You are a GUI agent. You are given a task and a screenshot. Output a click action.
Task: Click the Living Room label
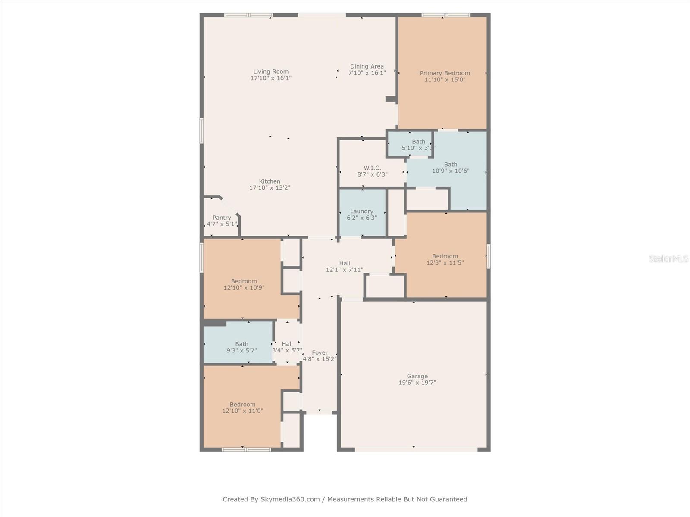(271, 72)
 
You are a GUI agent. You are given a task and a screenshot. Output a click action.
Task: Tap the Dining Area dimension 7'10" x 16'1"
(367, 73)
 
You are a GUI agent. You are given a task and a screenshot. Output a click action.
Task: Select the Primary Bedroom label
(445, 73)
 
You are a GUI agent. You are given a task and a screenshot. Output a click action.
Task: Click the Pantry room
(221, 221)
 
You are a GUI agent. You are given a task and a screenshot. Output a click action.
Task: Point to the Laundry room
(362, 214)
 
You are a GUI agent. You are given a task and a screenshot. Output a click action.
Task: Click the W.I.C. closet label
(372, 168)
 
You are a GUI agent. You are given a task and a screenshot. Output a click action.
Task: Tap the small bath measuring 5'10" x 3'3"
(417, 144)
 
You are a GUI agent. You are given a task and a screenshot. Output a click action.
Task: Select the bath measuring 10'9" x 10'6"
(451, 168)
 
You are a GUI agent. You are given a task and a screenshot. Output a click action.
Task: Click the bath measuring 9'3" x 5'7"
(241, 347)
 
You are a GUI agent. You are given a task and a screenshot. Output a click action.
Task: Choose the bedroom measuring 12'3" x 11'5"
(445, 259)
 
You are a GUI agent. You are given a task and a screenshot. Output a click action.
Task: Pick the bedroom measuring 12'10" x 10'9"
(244, 284)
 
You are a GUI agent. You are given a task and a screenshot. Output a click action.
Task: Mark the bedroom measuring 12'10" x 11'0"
(242, 408)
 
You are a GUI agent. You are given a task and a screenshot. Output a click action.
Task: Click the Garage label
(417, 376)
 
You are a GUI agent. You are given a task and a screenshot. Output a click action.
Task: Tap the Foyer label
(320, 352)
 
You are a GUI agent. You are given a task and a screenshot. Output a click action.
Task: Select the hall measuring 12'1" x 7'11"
(344, 266)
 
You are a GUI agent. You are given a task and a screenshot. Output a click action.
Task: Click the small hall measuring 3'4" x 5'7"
(287, 347)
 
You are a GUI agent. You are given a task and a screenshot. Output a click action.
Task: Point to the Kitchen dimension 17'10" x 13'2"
(270, 188)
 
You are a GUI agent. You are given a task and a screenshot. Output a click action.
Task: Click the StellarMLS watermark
(668, 258)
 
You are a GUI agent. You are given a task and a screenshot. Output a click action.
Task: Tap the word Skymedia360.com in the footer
(290, 499)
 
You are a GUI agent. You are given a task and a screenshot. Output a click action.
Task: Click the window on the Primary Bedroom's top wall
(445, 15)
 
